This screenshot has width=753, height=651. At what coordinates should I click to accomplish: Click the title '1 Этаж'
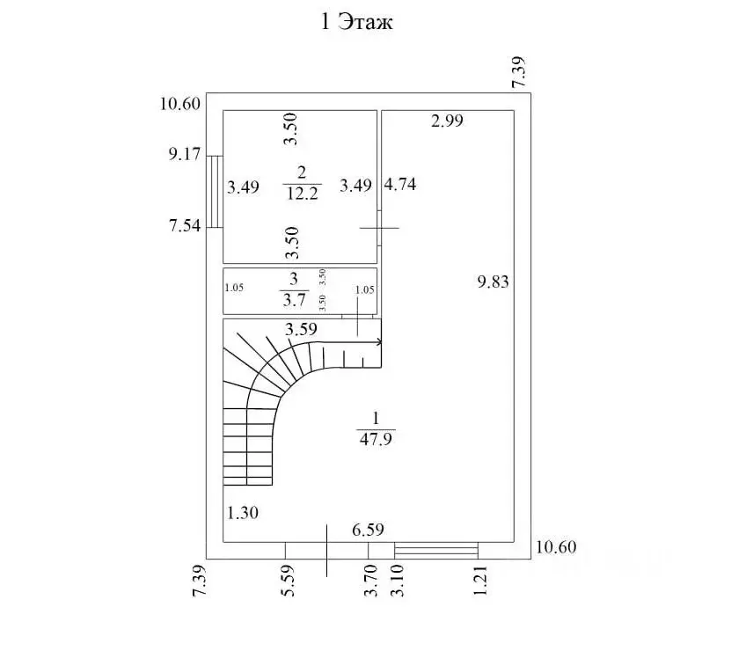coord(357,22)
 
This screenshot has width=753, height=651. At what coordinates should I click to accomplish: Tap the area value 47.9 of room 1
coord(376,439)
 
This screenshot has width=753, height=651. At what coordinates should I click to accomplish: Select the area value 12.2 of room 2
coord(302,194)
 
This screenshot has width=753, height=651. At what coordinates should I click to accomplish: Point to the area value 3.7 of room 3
coord(294,300)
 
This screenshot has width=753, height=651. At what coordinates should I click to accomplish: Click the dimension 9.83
coord(493,282)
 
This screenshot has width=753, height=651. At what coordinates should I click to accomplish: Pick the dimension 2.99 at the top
coord(447,121)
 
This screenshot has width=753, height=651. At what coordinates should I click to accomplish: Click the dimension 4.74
coord(400,184)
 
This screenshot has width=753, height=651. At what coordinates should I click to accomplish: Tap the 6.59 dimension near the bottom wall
coord(368,530)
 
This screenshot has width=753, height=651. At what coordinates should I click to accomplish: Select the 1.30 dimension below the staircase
coord(243,513)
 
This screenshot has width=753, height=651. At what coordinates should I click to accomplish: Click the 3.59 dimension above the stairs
coord(301,329)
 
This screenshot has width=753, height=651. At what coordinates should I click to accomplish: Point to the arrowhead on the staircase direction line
coord(379,342)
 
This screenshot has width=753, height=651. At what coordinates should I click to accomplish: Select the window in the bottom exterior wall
coord(436,550)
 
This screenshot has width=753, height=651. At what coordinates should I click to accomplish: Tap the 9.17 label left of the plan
coord(185,154)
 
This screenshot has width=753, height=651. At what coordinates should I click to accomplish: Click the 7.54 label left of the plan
coord(185,225)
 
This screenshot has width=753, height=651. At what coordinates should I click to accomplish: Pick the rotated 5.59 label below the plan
coord(288,581)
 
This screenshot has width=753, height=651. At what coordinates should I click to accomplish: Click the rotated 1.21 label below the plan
coord(480,581)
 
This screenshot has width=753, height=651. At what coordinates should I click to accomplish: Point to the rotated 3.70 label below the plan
coord(370,581)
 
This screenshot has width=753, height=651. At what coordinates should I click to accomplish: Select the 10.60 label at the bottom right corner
coord(556,547)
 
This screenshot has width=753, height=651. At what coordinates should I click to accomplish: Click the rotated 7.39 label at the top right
coord(519,72)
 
